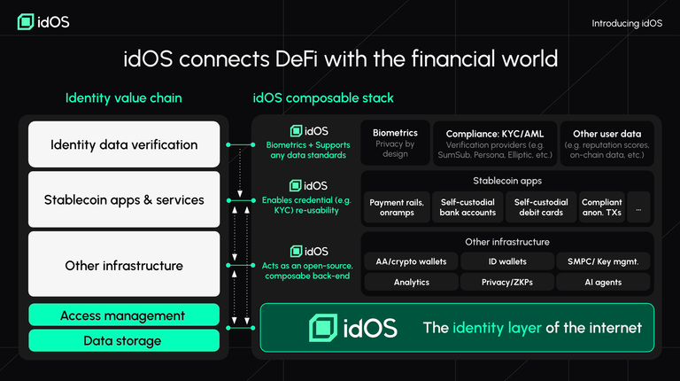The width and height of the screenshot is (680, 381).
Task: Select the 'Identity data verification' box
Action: (124, 144)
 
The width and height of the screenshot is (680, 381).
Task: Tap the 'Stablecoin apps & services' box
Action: (124, 199)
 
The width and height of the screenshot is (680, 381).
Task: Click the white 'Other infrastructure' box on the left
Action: (124, 265)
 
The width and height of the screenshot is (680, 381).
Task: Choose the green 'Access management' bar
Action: (124, 315)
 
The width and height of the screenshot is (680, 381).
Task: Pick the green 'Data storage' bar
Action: (124, 340)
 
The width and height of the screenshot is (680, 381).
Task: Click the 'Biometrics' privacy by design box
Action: (395, 142)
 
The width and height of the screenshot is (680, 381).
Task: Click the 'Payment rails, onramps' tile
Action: (395, 207)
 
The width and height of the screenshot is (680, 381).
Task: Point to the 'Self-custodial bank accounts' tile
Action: (468, 207)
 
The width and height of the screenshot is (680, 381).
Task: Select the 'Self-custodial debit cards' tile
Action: (541, 207)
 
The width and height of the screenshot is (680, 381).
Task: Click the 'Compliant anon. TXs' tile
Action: (602, 207)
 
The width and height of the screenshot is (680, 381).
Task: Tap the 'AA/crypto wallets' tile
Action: (410, 261)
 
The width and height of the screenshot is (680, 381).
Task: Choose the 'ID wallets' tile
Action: (508, 261)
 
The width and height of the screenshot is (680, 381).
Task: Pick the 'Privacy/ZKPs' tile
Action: (508, 282)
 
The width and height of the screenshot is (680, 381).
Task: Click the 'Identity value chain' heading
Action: (123, 97)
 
